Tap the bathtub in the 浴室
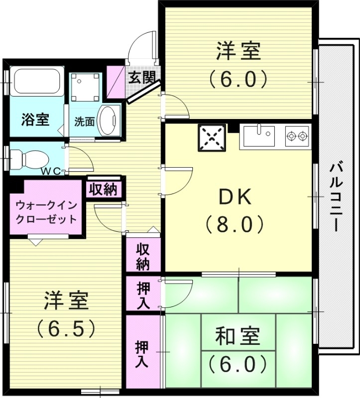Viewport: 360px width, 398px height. click(x=37, y=82)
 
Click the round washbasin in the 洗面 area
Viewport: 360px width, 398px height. click(x=109, y=119)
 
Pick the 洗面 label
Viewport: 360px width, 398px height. click(x=85, y=121)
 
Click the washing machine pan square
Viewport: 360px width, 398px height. click(x=86, y=88)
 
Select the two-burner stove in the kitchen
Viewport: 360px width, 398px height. click(x=297, y=136)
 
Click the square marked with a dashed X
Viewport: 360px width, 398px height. click(x=213, y=137)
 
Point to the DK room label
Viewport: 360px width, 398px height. click(x=235, y=199)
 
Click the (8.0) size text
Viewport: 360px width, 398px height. click(x=235, y=225)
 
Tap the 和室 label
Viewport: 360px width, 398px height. click(x=238, y=337)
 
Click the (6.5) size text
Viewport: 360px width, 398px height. click(x=66, y=327)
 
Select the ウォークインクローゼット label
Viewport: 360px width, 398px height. click(x=46, y=211)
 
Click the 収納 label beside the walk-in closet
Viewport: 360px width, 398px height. click(x=103, y=189)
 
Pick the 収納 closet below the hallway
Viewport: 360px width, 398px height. click(x=143, y=256)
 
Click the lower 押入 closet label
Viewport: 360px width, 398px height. click(x=143, y=354)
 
